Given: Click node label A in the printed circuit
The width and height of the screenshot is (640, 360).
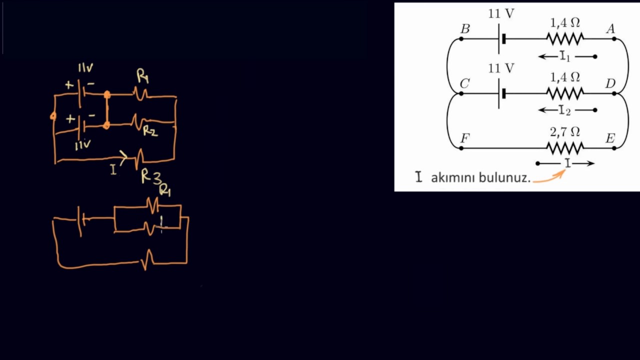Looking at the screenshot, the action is (x=610, y=29).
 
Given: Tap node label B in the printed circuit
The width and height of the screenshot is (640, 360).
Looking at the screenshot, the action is (x=465, y=29).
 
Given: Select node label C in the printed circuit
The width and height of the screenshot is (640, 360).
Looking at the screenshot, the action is (x=464, y=83).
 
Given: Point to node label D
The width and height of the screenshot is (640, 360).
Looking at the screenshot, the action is (x=610, y=83).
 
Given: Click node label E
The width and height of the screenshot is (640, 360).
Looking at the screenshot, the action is (x=610, y=138).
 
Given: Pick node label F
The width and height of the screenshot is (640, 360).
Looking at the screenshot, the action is (x=464, y=138).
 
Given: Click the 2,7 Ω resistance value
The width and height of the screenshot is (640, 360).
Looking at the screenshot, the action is (x=565, y=132).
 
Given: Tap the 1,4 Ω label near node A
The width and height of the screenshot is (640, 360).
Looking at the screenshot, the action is (x=565, y=22).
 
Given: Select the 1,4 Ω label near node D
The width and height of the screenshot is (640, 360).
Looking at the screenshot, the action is (x=565, y=77).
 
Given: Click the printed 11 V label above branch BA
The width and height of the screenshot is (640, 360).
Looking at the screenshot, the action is (x=501, y=14).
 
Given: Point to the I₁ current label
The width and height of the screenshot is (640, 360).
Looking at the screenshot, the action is (x=565, y=56).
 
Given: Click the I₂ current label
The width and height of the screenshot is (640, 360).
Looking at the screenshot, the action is (x=565, y=110).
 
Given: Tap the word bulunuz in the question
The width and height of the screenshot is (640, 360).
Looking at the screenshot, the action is (x=504, y=177).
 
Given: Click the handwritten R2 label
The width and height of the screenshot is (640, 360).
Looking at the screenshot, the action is (x=150, y=131).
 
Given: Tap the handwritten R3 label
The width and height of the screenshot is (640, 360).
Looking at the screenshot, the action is (x=150, y=175).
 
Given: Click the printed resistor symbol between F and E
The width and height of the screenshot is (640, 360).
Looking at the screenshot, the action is (x=565, y=148).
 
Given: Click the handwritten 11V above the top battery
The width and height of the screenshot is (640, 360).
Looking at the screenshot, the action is (x=85, y=68).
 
